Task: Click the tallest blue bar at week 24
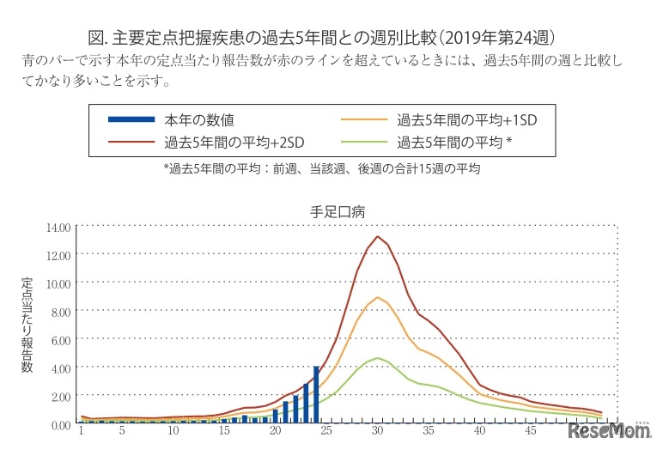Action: [x=317, y=395]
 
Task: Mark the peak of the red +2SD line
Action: [x=378, y=236]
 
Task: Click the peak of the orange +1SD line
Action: [x=378, y=297]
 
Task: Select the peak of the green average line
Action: [x=378, y=358]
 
